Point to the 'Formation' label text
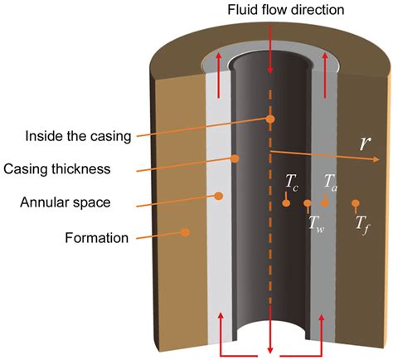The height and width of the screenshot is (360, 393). pos(97,239)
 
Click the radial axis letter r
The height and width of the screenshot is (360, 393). pos(364,143)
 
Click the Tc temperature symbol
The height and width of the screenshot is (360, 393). pos(292,180)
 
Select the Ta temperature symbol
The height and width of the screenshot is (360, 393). pos(329,180)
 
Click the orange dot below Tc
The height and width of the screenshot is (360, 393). pos(285,202)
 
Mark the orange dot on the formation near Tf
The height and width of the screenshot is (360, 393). pos(356,202)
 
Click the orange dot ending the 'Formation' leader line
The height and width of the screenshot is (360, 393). pos(186,231)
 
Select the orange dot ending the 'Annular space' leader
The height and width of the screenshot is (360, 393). pos(219,196)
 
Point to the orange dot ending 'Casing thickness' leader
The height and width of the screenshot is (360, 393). pos(235,158)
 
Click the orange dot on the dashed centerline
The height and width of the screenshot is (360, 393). pos(270,119)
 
